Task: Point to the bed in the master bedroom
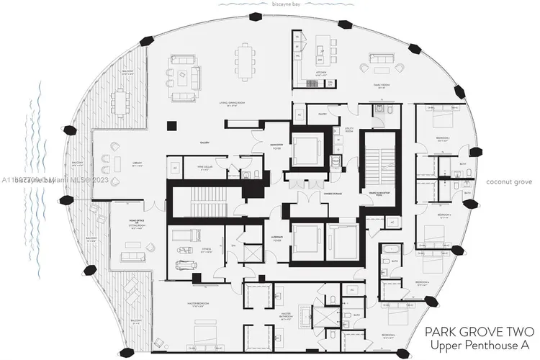click(x=200, y=336)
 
